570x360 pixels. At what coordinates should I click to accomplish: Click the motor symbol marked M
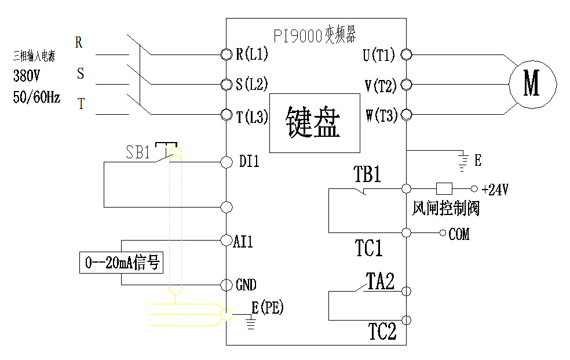pos(532,83)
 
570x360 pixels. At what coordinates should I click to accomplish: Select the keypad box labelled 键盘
pos(313,122)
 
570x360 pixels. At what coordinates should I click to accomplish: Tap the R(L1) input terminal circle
pos(226,54)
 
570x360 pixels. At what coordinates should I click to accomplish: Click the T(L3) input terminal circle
pos(226,115)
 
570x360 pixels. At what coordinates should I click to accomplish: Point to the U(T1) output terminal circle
pos(406,54)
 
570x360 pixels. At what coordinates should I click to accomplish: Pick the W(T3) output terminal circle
pos(406,115)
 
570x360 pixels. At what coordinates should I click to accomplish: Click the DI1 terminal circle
pos(226,162)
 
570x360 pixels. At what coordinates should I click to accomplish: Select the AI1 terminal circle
pos(226,239)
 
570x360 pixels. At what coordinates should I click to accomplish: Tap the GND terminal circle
pos(226,284)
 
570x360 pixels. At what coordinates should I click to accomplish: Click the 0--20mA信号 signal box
pos(121,263)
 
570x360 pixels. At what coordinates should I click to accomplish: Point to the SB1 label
pos(138,153)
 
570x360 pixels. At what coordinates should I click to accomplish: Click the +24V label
pos(495,190)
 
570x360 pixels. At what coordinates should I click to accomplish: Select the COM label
pos(459,234)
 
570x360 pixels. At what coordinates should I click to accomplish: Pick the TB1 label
pos(367,174)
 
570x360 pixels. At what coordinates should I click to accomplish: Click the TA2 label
pos(380,282)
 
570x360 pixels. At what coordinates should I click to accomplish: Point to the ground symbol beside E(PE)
pos(251,322)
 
